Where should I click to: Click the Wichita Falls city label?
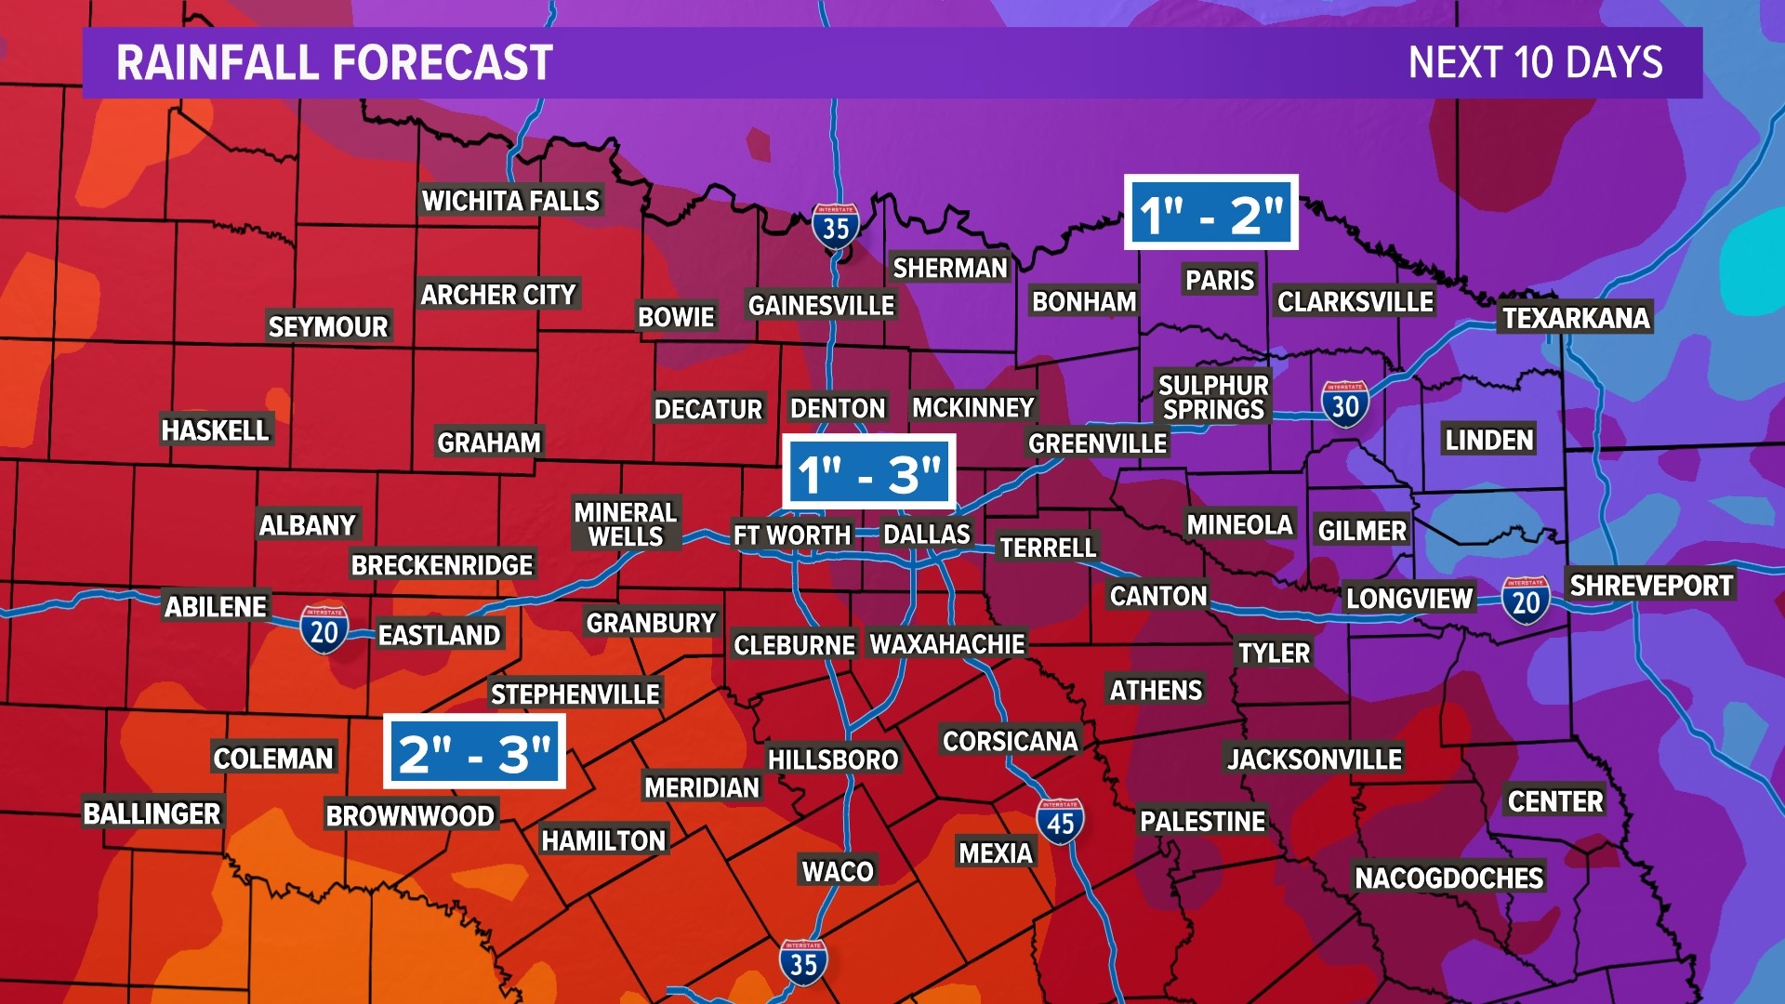point(510,201)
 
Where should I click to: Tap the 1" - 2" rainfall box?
point(1210,213)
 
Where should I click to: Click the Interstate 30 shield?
point(1344,404)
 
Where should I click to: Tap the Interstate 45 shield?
point(1060,821)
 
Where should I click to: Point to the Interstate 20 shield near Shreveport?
point(1525,601)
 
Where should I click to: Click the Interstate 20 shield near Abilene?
point(324,630)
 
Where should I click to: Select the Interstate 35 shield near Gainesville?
point(835,226)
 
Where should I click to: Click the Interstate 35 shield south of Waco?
point(802,962)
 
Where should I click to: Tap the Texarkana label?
point(1575,318)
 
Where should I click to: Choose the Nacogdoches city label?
point(1448,878)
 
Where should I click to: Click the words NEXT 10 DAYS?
point(1535,63)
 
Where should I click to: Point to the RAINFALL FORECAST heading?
point(335,63)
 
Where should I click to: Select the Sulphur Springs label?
point(1213,397)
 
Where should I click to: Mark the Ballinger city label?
point(152,813)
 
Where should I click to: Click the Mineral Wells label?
point(626,524)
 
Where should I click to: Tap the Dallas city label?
point(926,534)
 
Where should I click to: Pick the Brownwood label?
point(410,815)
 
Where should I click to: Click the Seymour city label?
point(328,326)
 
